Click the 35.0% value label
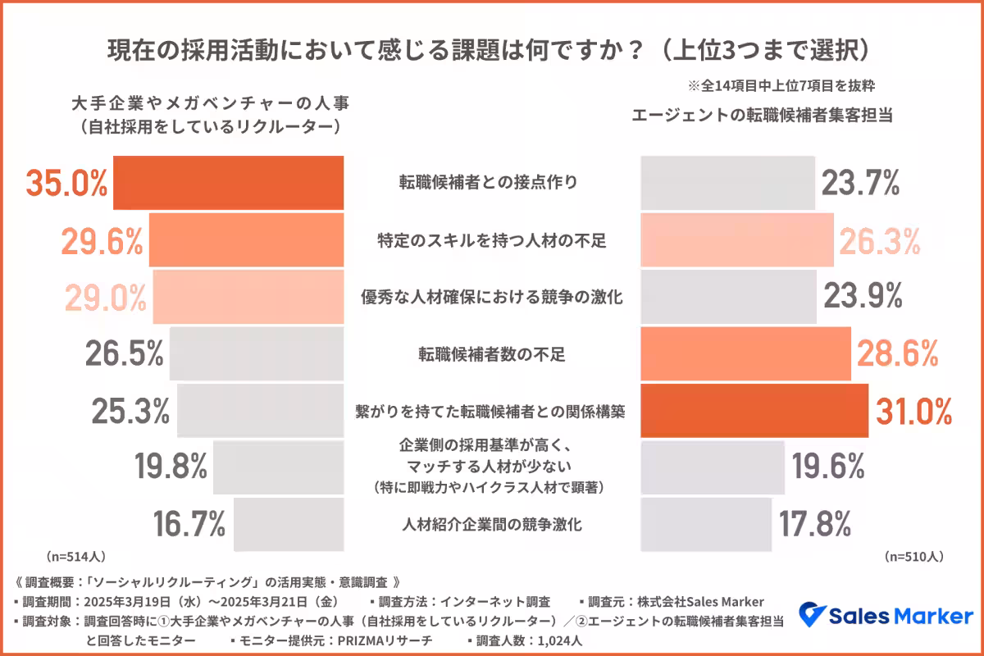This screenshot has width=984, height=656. coord(67,183)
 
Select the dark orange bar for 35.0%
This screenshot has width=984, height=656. coord(228,183)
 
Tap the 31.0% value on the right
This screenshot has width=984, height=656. coord(913,411)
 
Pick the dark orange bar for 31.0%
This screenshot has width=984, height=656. coord(754,411)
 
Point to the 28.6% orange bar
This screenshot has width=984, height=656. coord(745,354)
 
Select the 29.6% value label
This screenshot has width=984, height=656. coord(102,240)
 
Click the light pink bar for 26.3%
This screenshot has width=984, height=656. coord(736,240)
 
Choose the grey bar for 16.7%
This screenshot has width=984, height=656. coord(289,524)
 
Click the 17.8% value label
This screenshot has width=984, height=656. coord(813,524)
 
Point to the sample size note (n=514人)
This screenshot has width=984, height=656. coord(75,557)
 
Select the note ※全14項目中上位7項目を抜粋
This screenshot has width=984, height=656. coord(787,84)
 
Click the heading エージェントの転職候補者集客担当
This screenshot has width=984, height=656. coord(762,116)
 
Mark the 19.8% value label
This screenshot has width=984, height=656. coord(171,467)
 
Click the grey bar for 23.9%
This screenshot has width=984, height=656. coord(728,296)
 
